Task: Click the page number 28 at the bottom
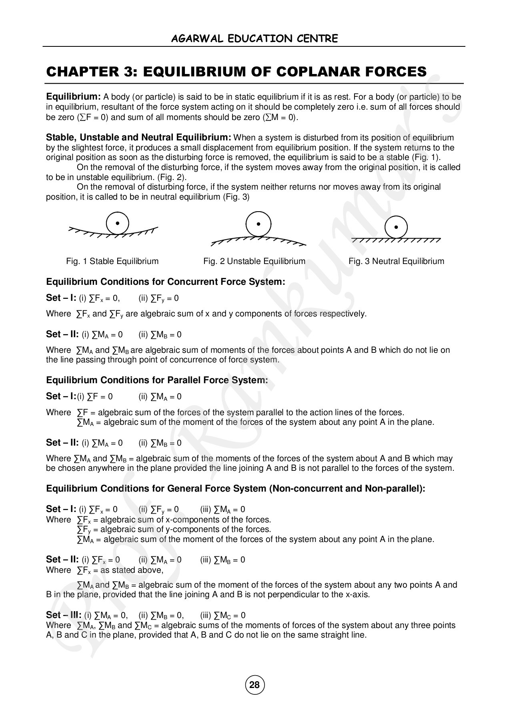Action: point(254,685)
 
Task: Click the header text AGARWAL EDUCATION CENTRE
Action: point(254,38)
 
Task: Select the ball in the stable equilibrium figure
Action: point(117,223)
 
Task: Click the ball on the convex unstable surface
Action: point(258,224)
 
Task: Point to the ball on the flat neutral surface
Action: point(396,227)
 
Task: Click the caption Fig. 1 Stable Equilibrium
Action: point(112,261)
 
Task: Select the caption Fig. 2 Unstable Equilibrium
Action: point(254,261)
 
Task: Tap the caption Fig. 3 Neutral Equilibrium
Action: point(396,261)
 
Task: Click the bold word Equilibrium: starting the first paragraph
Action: point(73,97)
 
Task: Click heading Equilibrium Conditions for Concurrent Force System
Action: point(166,282)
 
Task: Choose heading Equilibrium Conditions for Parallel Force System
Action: point(157,380)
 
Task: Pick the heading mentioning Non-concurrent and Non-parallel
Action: point(236,488)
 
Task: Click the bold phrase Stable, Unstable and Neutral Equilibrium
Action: point(138,138)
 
